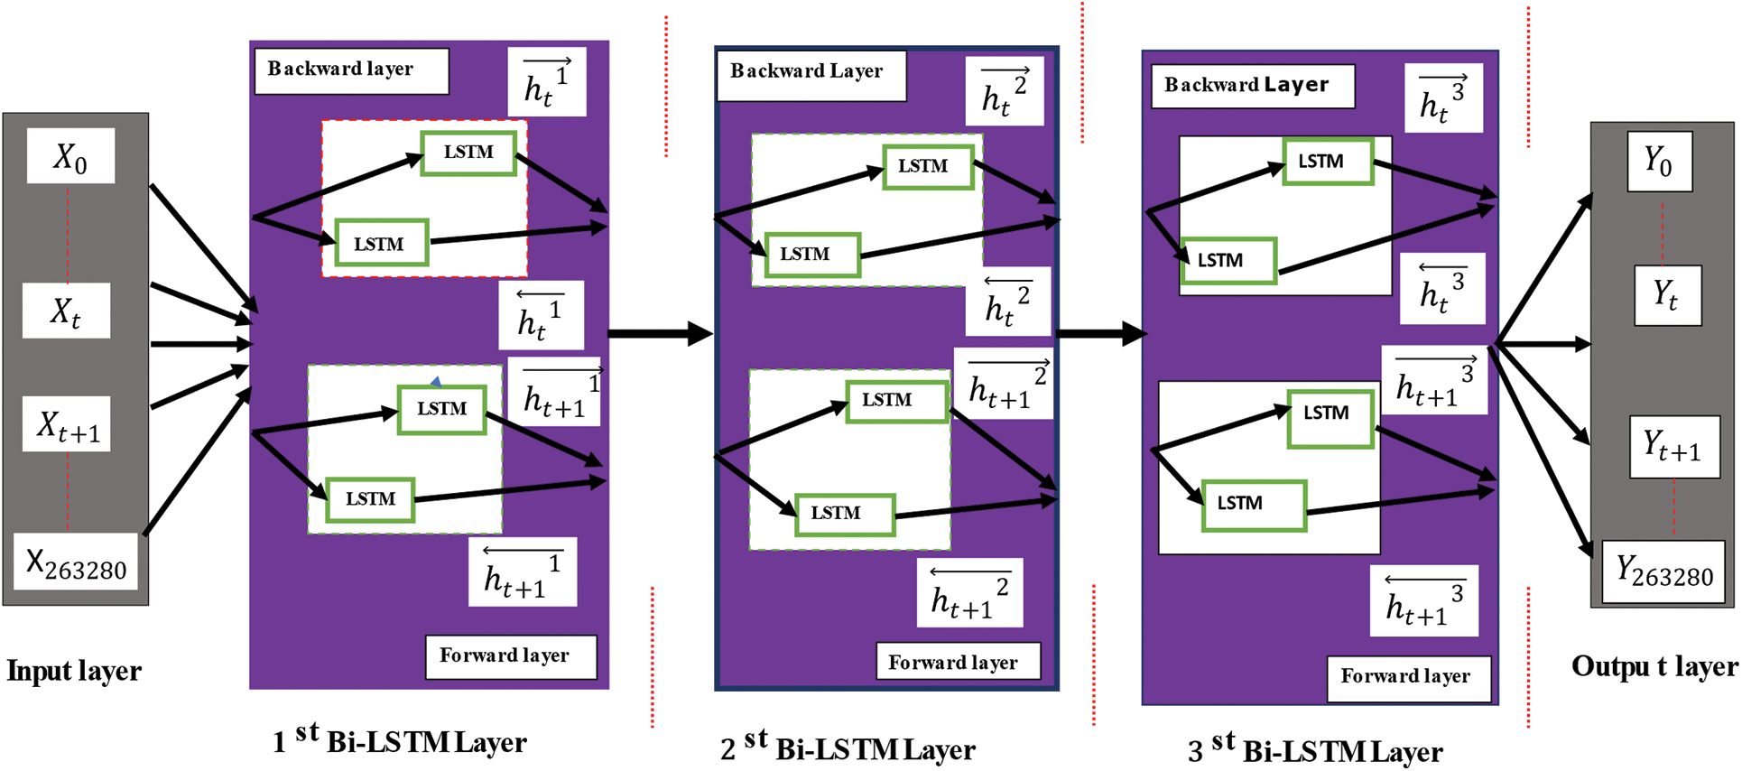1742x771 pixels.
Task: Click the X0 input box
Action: (x=70, y=156)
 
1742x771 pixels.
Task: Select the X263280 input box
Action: (x=76, y=562)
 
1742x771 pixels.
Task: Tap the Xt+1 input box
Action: (x=67, y=424)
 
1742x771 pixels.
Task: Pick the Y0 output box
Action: (x=1659, y=162)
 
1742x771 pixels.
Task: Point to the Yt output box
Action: (x=1667, y=295)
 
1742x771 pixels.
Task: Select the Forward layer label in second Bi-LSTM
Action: (x=957, y=662)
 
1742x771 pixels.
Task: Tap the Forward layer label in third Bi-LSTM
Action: (x=1408, y=678)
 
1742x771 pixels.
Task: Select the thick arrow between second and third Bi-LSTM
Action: (x=1100, y=334)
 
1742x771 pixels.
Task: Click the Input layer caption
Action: (x=74, y=671)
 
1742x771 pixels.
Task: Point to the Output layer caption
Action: (x=1654, y=667)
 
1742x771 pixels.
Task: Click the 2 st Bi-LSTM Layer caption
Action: (x=848, y=748)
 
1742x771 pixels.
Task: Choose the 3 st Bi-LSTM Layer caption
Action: (x=1315, y=749)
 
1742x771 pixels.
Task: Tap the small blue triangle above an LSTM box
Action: (x=436, y=382)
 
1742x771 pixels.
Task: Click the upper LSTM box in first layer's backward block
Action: (x=468, y=153)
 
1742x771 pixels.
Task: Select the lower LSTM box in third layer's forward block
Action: (x=1254, y=505)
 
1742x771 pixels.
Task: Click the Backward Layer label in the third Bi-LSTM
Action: (x=1252, y=86)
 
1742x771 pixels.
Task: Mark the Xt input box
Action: (x=66, y=311)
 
